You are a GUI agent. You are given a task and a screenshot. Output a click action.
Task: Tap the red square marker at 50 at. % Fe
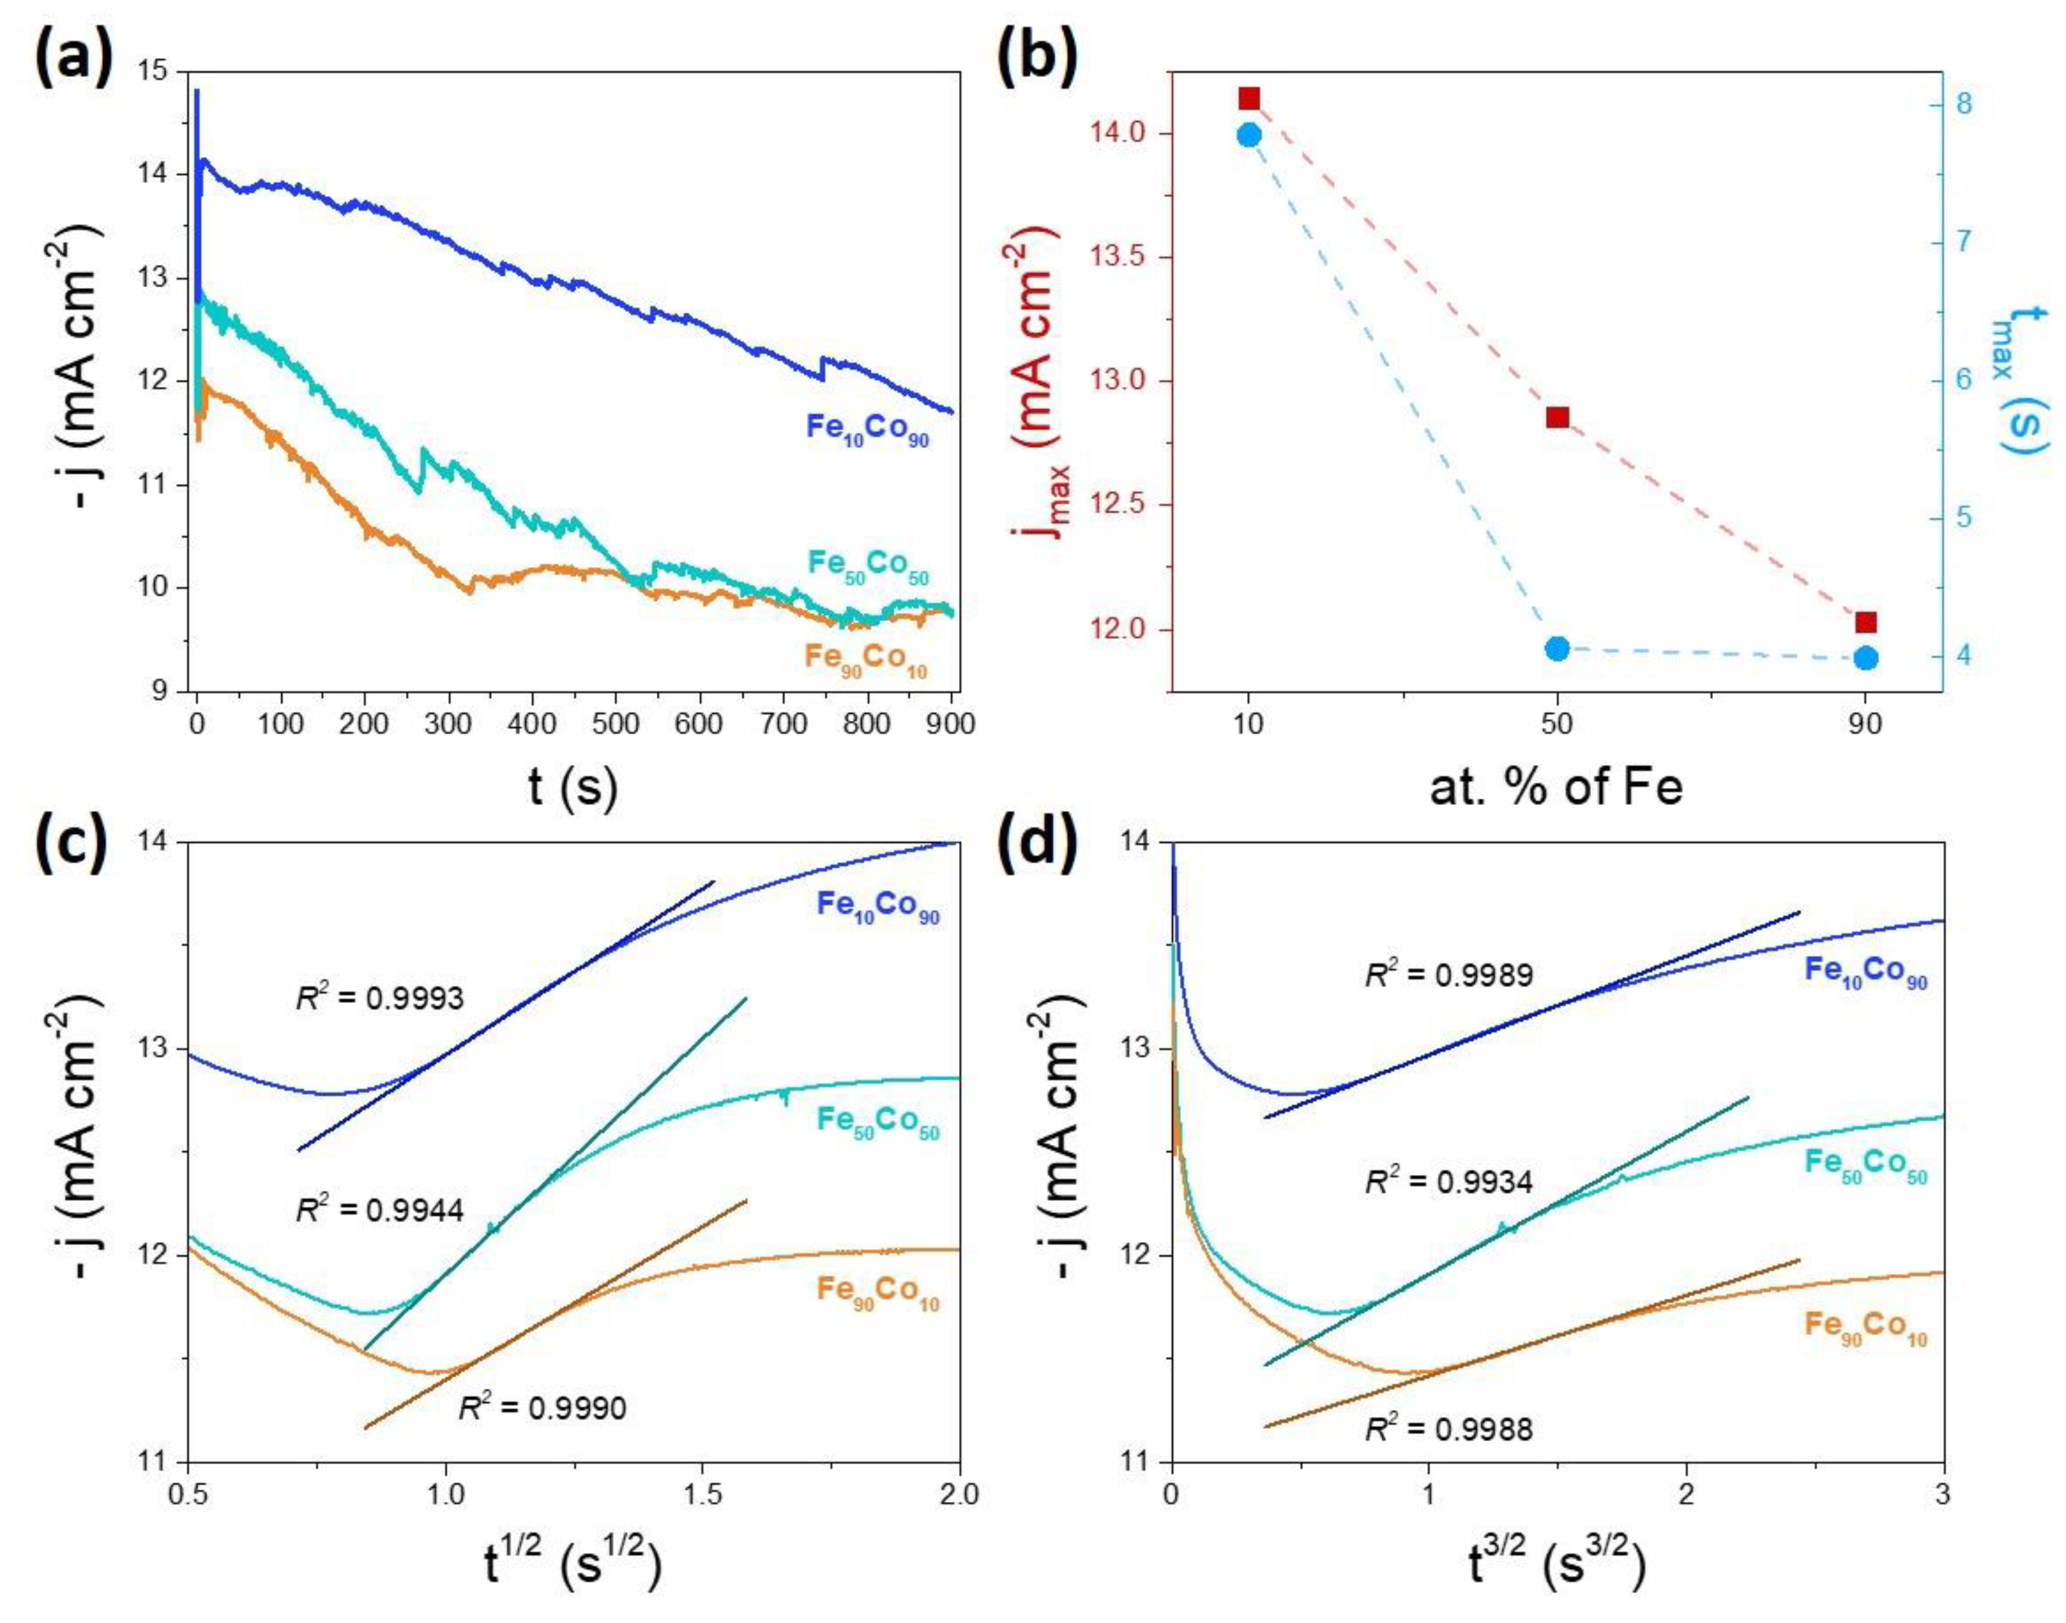tap(1557, 417)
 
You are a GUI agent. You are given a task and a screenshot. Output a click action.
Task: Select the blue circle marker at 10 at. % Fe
tap(1250, 135)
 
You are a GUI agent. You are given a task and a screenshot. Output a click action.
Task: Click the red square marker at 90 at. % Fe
tap(1865, 623)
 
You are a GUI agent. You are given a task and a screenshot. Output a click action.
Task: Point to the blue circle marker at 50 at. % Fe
tap(1557, 649)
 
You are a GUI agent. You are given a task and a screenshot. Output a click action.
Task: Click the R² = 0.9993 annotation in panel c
tap(377, 998)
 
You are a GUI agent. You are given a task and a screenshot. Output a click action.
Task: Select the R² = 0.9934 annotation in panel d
tap(1449, 1182)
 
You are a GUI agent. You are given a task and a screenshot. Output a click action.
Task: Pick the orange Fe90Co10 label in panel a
tap(865, 658)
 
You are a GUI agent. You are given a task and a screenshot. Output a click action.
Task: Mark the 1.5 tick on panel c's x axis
tap(703, 1495)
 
